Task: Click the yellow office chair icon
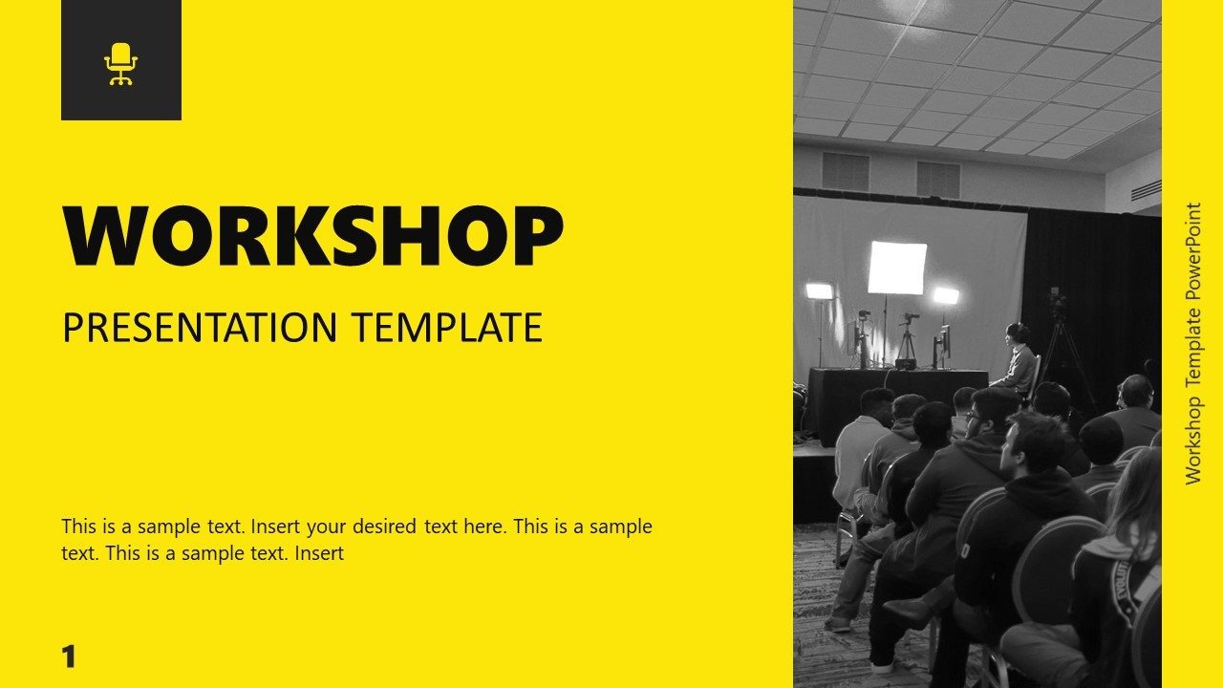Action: tap(121, 64)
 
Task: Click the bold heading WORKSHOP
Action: tap(312, 236)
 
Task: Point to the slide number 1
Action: tap(68, 657)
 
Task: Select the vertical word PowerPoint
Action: tap(1192, 251)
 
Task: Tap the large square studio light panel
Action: tap(897, 268)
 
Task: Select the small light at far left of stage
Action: tap(819, 290)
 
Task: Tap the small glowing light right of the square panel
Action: tap(946, 296)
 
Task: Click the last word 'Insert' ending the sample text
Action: tap(319, 553)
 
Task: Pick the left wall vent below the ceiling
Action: tap(846, 171)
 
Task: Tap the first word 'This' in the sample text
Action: tap(79, 527)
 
